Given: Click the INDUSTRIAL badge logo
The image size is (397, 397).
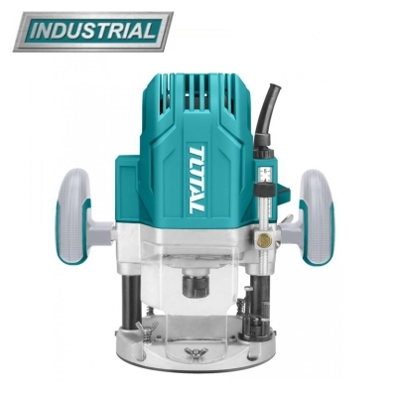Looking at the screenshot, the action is coord(93,32).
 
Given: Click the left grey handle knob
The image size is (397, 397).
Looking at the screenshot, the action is coord(72,216).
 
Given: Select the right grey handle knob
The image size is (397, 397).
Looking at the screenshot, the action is coord(318,216).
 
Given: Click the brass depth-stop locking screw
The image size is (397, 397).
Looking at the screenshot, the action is coord(265,240).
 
